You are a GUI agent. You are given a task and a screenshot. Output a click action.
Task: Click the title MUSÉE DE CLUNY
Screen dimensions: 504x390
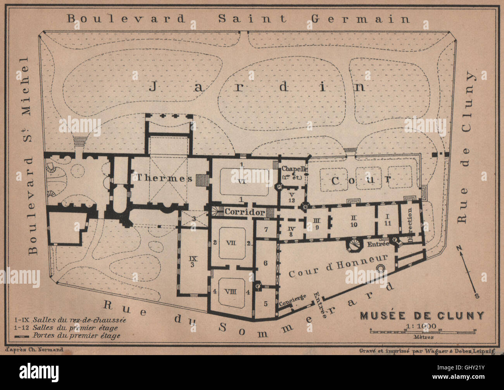[x=422, y=315]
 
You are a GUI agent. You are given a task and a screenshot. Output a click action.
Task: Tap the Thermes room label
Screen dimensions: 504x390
[x=164, y=178]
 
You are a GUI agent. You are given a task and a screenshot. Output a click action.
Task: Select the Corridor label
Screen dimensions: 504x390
[x=245, y=212]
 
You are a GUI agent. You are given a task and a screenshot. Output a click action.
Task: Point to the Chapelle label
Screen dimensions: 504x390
[x=294, y=169]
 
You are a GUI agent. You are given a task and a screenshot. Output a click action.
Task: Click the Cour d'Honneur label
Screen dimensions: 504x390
[x=338, y=266]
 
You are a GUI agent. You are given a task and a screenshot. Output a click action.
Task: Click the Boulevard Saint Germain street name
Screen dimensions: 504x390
[x=238, y=18]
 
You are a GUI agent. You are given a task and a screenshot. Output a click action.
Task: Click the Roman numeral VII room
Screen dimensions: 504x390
[x=231, y=243]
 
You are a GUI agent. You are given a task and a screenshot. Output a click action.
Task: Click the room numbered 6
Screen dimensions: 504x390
[x=266, y=263]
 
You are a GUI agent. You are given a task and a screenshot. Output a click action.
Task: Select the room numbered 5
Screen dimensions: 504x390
[x=266, y=303]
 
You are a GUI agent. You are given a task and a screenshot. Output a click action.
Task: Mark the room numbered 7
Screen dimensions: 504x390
[x=266, y=229]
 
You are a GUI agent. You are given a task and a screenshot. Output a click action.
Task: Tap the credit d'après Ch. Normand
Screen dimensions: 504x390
[x=35, y=349]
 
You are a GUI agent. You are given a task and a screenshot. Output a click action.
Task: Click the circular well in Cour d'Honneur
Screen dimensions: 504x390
[x=380, y=268]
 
